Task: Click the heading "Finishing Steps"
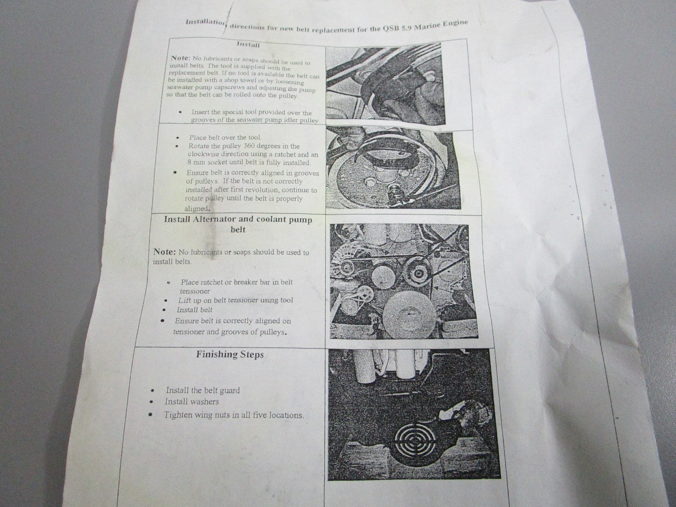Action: tap(230, 354)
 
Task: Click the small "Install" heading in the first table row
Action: tap(248, 45)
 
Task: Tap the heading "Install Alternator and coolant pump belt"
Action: tap(238, 224)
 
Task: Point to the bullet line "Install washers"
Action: tap(191, 401)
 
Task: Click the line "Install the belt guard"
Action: tap(203, 390)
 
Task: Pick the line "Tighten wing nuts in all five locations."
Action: tap(234, 415)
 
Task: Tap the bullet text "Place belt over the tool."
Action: tap(225, 138)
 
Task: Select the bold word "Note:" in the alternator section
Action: tap(164, 251)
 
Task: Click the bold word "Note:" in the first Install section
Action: tap(180, 58)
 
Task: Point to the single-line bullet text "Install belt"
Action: tap(194, 310)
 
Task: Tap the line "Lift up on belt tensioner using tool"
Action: tap(236, 300)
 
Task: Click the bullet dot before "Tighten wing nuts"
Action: tap(150, 414)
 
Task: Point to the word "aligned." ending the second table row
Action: tap(197, 208)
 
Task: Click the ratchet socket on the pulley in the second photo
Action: tap(393, 196)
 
